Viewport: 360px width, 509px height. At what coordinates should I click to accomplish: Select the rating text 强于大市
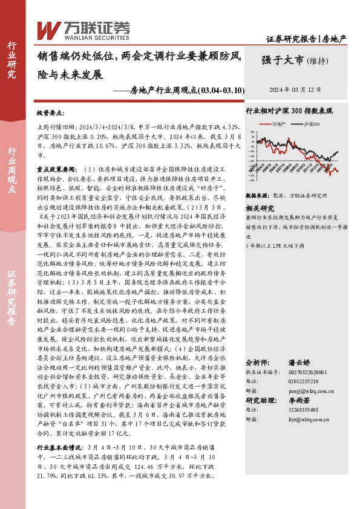tap(283, 60)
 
